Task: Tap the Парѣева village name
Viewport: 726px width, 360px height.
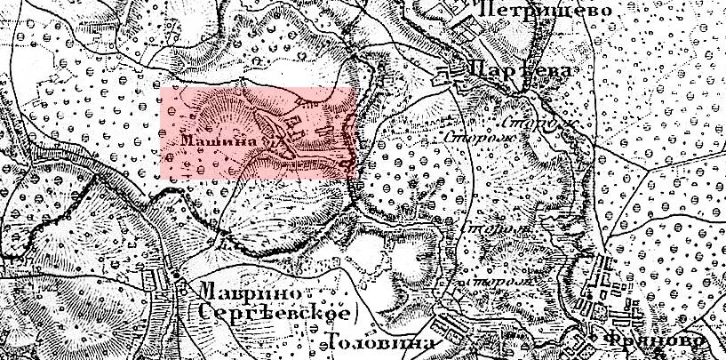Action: tap(519, 71)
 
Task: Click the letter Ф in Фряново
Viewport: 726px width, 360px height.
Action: tap(616, 342)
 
